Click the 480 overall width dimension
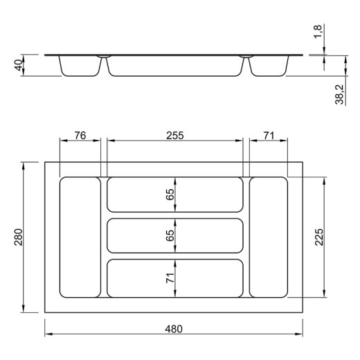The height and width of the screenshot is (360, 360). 174,329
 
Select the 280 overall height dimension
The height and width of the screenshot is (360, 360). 19,237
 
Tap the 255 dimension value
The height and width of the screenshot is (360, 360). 175,136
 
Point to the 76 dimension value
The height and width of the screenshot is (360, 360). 80,136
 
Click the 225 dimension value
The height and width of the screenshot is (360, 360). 319,237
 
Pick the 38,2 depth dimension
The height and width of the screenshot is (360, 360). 339,95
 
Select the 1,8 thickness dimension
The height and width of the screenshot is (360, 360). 318,32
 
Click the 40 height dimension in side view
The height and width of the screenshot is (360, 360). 19,65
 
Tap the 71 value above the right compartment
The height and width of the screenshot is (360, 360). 269,136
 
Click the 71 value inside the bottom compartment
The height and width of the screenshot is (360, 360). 170,278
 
